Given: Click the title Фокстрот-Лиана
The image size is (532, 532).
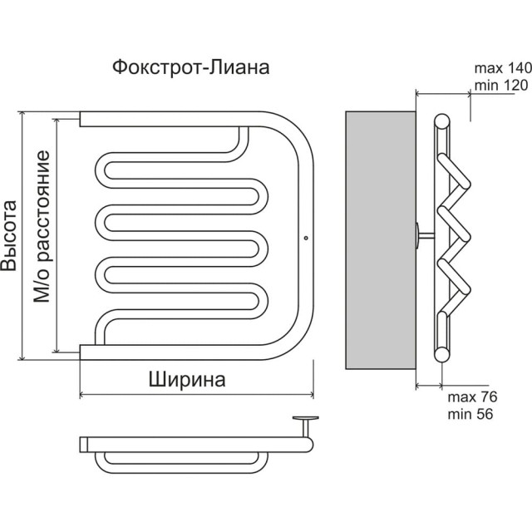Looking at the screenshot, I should point(190,67).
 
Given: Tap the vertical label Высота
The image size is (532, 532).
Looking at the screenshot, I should point(10,236).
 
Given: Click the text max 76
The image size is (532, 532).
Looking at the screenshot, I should point(471,397).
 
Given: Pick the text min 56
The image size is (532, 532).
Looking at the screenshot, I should point(471,413).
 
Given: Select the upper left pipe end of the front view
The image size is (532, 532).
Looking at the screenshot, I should point(81,119).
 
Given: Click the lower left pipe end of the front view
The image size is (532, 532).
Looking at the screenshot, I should point(81,351).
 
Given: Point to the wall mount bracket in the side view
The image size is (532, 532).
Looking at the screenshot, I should point(422,238).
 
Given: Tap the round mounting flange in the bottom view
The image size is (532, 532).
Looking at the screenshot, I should point(305,419).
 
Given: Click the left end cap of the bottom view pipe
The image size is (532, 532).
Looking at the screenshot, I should point(81,443).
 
